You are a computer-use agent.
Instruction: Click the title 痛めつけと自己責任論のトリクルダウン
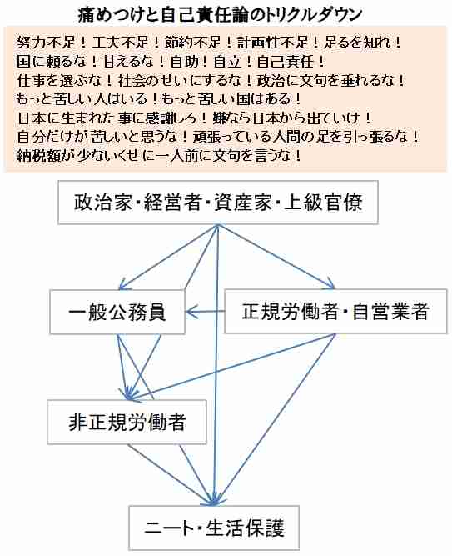220,15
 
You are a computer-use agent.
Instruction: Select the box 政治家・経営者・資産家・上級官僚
218,203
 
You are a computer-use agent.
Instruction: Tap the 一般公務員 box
117,312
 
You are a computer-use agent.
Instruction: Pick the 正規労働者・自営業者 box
335,311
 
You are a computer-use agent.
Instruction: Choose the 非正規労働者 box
127,422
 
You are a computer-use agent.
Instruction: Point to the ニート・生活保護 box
214,528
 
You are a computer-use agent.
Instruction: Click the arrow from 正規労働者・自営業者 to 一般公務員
205,312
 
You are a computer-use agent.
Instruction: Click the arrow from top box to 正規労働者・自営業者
276,257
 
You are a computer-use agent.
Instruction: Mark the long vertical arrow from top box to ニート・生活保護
216,365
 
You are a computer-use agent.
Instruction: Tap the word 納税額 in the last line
38,155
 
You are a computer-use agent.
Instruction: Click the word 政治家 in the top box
102,203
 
